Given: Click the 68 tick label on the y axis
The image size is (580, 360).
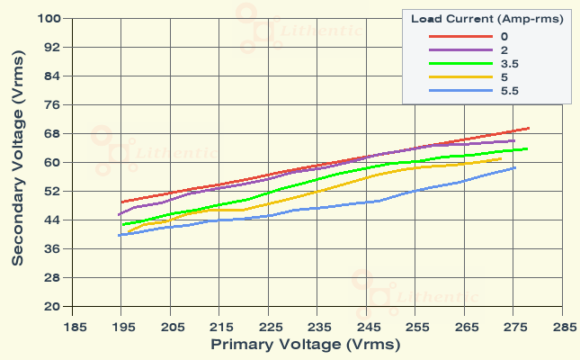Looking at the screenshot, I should click(x=52, y=133).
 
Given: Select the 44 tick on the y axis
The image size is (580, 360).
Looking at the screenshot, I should click(x=52, y=220).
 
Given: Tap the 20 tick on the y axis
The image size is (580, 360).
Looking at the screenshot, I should click(x=52, y=306).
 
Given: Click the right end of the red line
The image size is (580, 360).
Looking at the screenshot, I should click(x=530, y=128).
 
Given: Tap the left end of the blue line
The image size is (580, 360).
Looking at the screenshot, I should click(x=119, y=235).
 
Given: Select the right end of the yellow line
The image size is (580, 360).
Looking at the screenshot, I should click(x=501, y=158).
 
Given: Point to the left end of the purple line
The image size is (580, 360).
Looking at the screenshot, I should click(x=119, y=215).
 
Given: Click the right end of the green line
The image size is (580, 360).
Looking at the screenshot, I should click(x=528, y=148).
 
